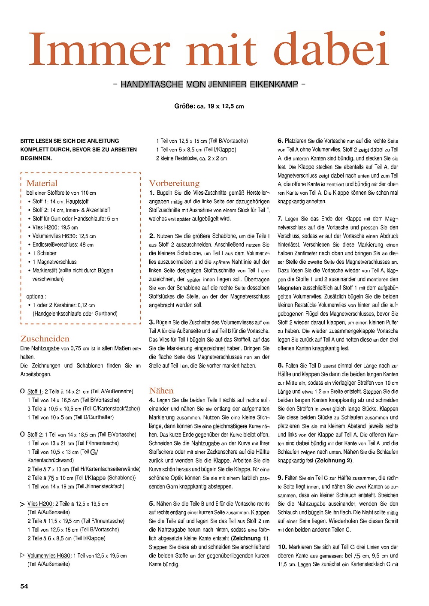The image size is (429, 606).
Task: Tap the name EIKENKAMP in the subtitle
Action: point(274,84)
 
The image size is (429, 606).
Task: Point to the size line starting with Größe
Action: point(209,106)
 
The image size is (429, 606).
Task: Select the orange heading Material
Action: point(42,183)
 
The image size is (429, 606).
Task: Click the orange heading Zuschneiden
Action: point(45,338)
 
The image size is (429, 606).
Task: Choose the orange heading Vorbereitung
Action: point(174,183)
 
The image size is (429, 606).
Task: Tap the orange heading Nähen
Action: point(161,391)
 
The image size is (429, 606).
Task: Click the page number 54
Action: point(24,586)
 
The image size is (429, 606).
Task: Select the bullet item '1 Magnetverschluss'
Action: point(54,262)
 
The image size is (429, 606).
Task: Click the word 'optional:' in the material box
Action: point(36,296)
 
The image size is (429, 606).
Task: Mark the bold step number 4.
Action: point(152,400)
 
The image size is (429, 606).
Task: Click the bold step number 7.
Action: point(280,219)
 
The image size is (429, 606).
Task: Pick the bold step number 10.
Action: point(282,547)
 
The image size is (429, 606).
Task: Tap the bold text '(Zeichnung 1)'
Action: point(250,538)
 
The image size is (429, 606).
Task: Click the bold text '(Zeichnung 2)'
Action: point(333,461)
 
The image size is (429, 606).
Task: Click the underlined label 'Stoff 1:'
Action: point(35,391)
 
